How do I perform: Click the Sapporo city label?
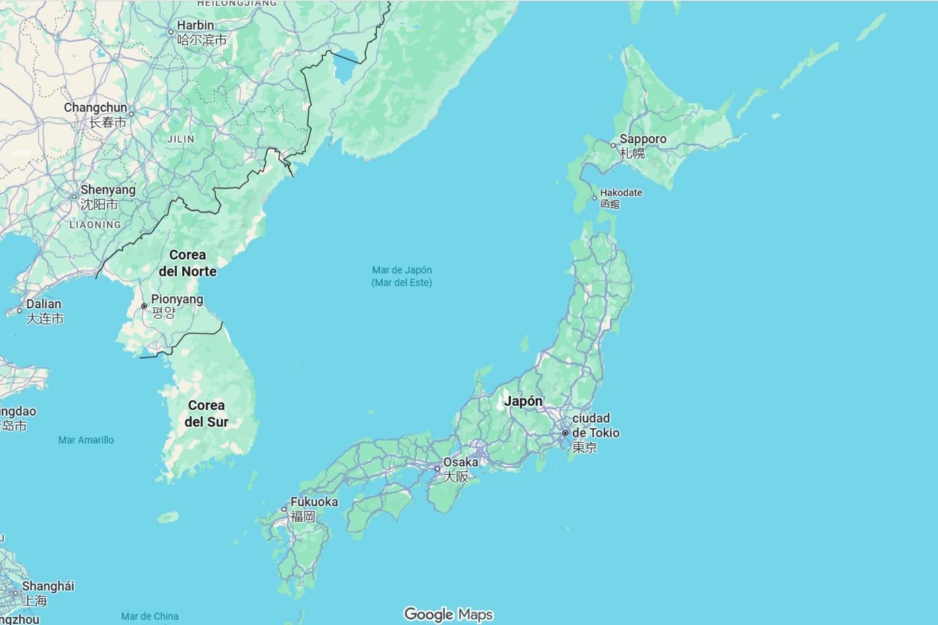click(x=643, y=140)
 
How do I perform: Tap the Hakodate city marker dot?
click(x=595, y=198)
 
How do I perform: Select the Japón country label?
click(x=523, y=401)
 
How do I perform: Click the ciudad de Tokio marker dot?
click(x=565, y=433)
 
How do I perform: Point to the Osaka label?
click(x=460, y=463)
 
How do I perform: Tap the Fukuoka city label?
click(x=314, y=502)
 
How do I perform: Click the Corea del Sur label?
click(x=206, y=414)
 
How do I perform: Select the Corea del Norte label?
click(x=188, y=263)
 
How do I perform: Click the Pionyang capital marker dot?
click(x=144, y=306)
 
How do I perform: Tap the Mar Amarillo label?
click(x=86, y=440)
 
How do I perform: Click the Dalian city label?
click(x=44, y=304)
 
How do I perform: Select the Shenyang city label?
click(x=107, y=190)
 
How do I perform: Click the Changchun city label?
click(x=95, y=108)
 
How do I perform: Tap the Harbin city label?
click(x=195, y=25)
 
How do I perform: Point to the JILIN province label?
click(x=181, y=139)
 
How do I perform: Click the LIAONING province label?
click(x=95, y=225)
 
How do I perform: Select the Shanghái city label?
click(x=48, y=586)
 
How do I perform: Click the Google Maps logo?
click(x=448, y=615)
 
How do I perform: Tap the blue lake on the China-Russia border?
click(x=344, y=68)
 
